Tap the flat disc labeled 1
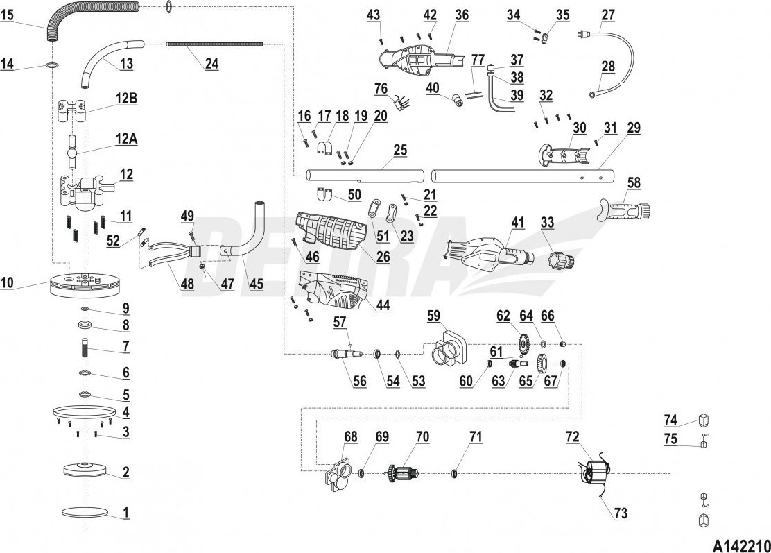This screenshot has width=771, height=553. tap(85, 513)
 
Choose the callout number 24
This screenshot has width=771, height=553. tap(211, 62)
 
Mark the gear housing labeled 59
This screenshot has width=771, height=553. tap(447, 348)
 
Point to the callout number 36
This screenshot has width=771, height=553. tap(462, 14)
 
